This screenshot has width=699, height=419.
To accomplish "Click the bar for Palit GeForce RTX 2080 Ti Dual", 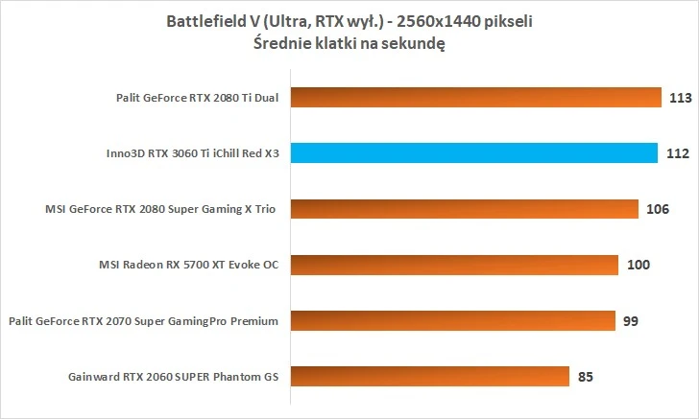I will pyautogui.click(x=475, y=97).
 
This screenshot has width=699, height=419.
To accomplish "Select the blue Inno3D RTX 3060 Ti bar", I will pyautogui.click(x=473, y=152).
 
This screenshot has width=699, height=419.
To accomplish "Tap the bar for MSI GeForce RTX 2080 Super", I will pyautogui.click(x=464, y=208).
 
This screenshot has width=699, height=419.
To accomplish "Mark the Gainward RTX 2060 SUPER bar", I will pyautogui.click(x=428, y=375).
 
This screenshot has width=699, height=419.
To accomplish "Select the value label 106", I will pyautogui.click(x=658, y=208).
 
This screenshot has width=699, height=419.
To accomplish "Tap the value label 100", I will pyautogui.click(x=637, y=264).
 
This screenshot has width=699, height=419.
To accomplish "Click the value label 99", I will pyautogui.click(x=631, y=320).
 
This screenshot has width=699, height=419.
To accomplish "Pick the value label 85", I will pyautogui.click(x=585, y=376).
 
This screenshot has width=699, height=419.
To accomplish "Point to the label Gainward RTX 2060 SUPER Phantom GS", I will pyautogui.click(x=173, y=376).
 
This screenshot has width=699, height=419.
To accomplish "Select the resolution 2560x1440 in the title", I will pyautogui.click(x=454, y=22).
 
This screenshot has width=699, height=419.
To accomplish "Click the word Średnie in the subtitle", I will pyautogui.click(x=282, y=43).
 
